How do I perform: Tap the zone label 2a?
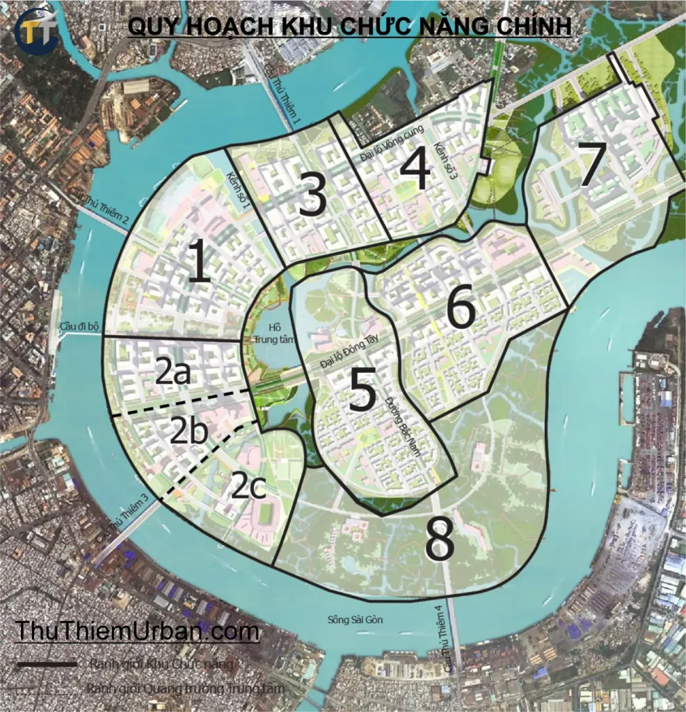click(173, 373)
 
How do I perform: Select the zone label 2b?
click(189, 432)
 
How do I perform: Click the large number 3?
click(312, 195)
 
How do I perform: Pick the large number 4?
click(415, 170)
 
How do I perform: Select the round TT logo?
click(36, 30)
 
